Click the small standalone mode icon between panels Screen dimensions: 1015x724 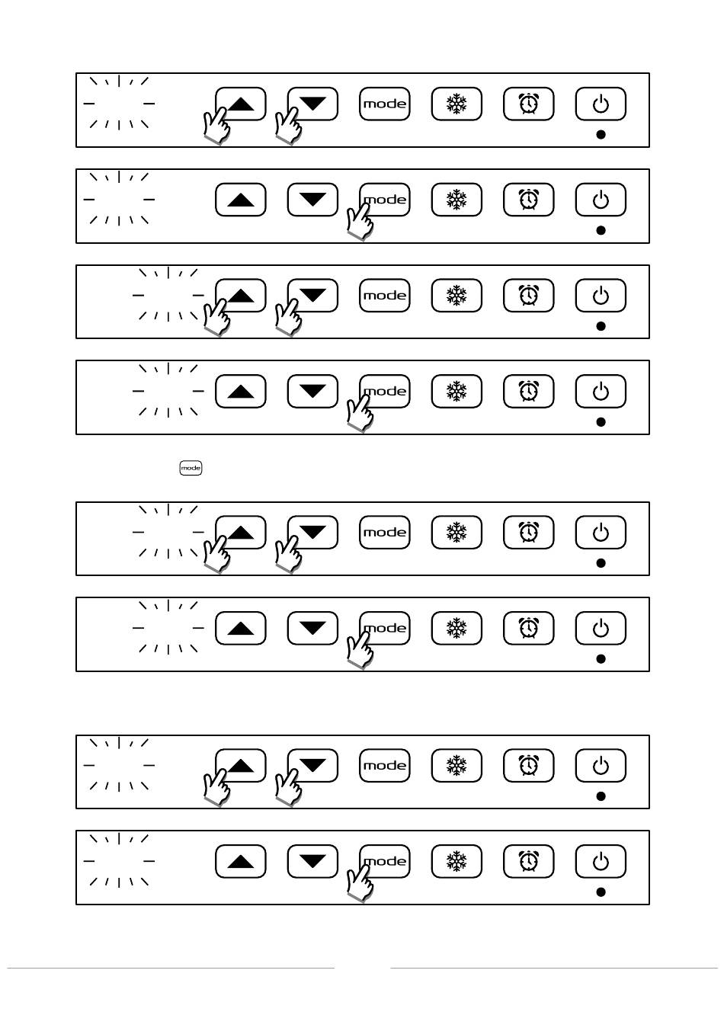(x=191, y=468)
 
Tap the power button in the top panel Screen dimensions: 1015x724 (x=601, y=104)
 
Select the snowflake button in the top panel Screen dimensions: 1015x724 (x=457, y=104)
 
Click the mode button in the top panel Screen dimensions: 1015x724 (x=385, y=104)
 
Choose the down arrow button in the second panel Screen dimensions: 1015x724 (x=312, y=200)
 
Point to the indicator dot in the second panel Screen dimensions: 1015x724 (x=601, y=230)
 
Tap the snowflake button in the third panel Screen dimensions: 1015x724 (x=457, y=296)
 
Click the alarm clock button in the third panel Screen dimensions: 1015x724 (x=528, y=296)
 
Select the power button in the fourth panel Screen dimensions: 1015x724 (x=601, y=392)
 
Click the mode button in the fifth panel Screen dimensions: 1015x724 (x=385, y=533)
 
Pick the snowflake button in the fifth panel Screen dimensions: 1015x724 (x=457, y=533)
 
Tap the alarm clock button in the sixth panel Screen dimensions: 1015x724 (x=528, y=629)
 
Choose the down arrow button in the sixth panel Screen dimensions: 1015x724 (x=312, y=629)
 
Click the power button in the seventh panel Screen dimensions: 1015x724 (x=601, y=766)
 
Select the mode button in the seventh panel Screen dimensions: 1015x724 (x=385, y=766)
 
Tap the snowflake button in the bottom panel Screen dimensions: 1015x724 (x=457, y=862)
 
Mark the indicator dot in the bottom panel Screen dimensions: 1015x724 (x=601, y=892)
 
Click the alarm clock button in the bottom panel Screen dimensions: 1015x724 (x=528, y=862)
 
